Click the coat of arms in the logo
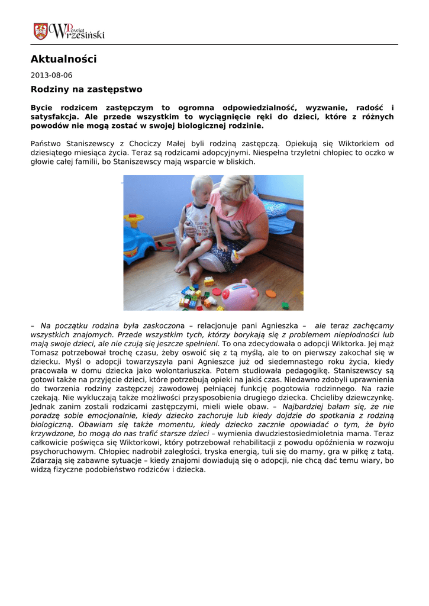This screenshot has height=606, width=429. tap(40, 31)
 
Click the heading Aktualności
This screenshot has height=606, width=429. tap(63, 59)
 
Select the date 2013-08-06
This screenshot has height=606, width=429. tap(51, 75)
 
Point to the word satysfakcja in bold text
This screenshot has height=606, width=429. tap(53, 117)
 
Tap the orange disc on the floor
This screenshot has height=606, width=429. tap(270, 293)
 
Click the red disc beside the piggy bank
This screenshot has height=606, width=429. tap(217, 291)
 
